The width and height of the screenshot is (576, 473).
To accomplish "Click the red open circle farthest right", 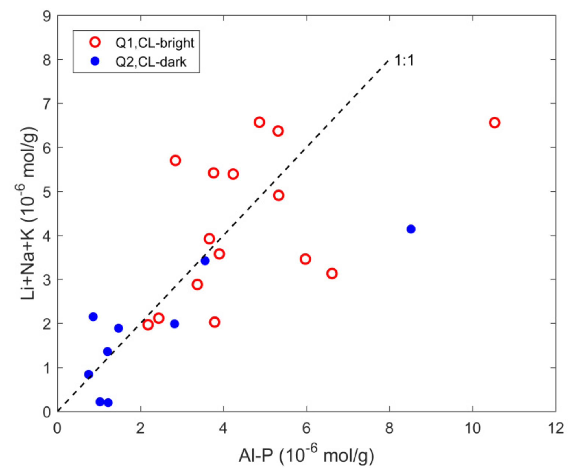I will pyautogui.click(x=494, y=123).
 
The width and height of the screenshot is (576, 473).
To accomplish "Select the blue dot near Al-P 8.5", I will pyautogui.click(x=411, y=229).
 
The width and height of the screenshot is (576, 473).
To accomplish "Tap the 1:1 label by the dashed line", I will pyautogui.click(x=404, y=61).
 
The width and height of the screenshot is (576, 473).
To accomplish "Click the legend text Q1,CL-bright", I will pyautogui.click(x=155, y=43).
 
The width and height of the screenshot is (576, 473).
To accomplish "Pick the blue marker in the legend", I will pyautogui.click(x=95, y=61).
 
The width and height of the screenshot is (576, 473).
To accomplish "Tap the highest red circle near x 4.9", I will pyautogui.click(x=259, y=122).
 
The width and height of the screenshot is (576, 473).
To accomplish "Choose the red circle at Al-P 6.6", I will pyautogui.click(x=332, y=273).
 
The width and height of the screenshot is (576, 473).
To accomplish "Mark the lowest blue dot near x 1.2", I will pyautogui.click(x=108, y=402).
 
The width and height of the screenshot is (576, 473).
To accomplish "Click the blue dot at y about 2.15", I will pyautogui.click(x=93, y=316).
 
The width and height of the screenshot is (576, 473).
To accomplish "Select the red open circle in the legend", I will pyautogui.click(x=95, y=43).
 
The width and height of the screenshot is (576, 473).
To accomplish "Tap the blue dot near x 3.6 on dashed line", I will pyautogui.click(x=205, y=261).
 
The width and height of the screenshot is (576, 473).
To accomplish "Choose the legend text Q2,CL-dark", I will pyautogui.click(x=151, y=62).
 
